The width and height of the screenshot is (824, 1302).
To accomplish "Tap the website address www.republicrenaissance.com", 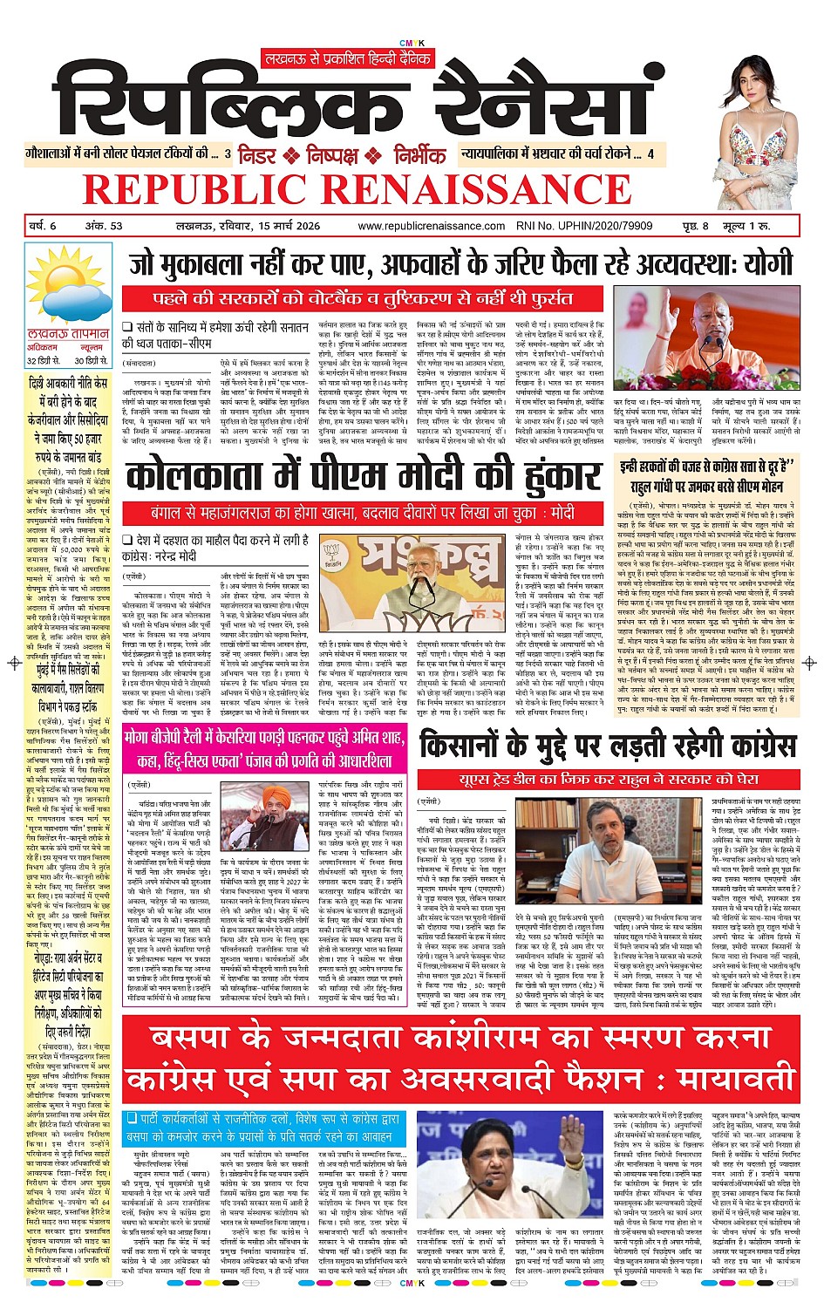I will click(x=431, y=226).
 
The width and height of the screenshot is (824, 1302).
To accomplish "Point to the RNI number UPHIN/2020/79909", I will click(x=596, y=226).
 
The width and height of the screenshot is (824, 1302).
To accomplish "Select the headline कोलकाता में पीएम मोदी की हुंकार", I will click(x=363, y=476).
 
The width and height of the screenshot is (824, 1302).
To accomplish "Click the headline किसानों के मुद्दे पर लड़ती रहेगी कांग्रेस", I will click(x=607, y=745).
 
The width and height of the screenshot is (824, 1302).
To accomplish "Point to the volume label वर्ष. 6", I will click(x=42, y=226).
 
